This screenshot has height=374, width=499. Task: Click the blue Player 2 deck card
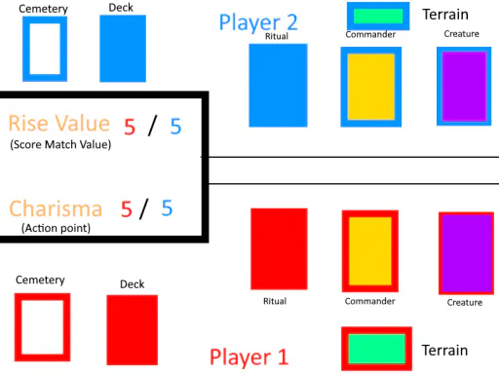[123, 49]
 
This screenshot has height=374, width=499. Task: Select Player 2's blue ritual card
[278, 85]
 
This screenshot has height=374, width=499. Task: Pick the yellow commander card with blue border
[371, 87]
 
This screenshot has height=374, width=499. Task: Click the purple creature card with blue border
[464, 86]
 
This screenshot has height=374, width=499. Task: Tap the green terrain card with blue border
[378, 16]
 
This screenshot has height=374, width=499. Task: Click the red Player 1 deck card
[133, 330]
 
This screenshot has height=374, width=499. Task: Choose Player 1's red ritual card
[279, 249]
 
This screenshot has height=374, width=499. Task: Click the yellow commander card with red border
[370, 251]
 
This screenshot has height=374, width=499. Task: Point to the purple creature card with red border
[467, 253]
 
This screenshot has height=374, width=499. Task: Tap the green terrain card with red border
[377, 349]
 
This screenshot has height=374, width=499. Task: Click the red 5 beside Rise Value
[130, 127]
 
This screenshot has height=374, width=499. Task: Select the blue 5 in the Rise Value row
[175, 126]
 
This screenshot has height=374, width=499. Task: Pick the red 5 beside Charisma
[127, 209]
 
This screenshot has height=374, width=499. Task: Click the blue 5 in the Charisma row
[167, 207]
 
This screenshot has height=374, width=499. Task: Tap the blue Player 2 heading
[258, 22]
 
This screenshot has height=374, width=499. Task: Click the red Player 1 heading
[249, 357]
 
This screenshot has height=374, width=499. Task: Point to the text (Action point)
[56, 228]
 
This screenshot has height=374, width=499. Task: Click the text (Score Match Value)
[60, 144]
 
